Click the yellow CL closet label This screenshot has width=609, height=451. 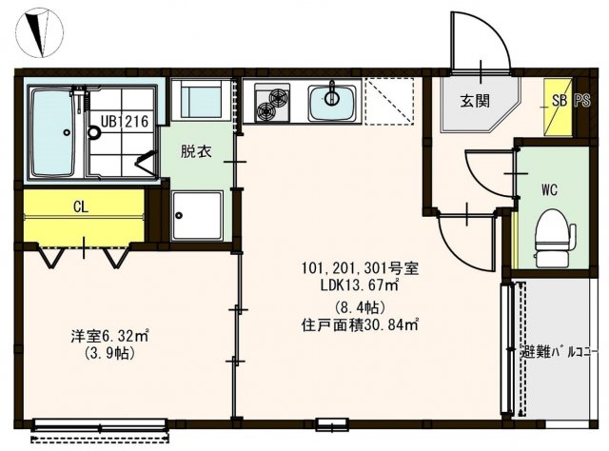81,204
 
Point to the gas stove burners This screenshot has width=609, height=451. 272,102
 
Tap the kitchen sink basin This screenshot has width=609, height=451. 333,102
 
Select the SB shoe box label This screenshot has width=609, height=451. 558,98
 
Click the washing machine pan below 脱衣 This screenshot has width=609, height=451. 197,219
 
